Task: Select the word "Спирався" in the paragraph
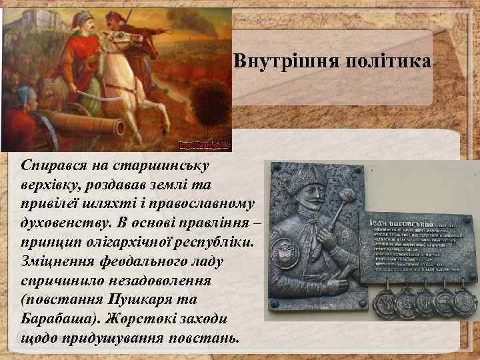tap(54, 164)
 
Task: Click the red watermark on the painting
tap(203, 145)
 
